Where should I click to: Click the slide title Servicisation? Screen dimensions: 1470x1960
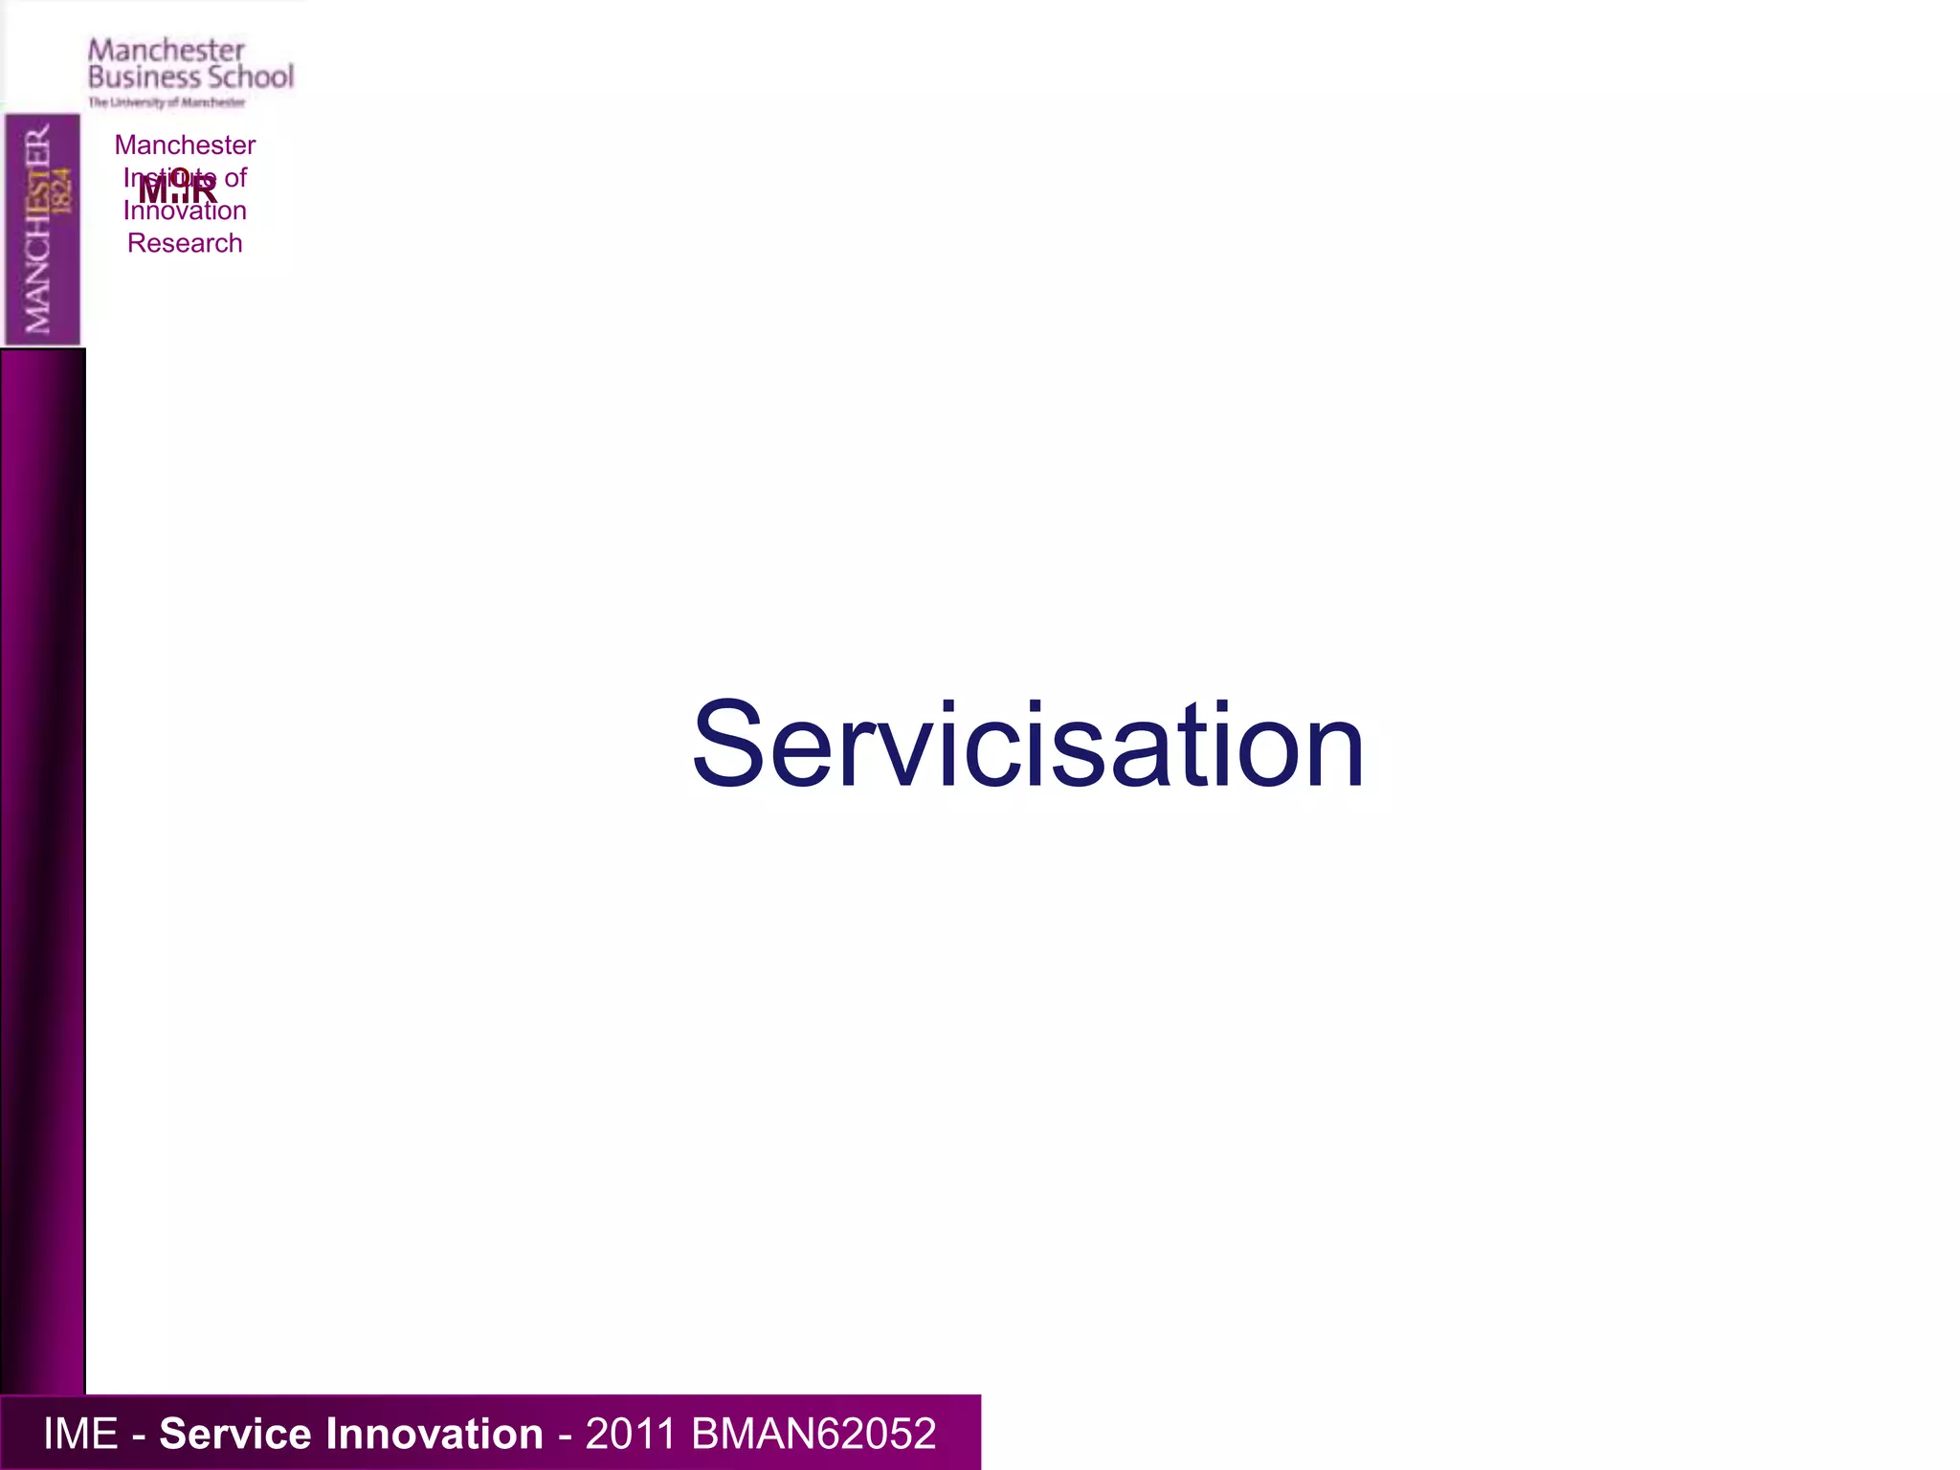(1028, 746)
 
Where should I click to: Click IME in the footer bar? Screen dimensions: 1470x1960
(80, 1434)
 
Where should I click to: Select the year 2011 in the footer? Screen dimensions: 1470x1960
(631, 1434)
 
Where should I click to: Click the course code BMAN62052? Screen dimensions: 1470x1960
(813, 1434)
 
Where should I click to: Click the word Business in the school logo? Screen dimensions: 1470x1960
(143, 77)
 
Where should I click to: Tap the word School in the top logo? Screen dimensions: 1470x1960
(251, 77)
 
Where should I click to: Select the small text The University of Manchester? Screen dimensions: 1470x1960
(167, 102)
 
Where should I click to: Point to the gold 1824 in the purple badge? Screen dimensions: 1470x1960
(62, 189)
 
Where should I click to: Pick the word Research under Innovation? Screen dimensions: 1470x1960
(185, 243)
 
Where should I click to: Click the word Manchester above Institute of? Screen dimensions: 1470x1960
(185, 145)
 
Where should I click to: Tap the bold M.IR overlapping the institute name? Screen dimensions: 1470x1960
(178, 189)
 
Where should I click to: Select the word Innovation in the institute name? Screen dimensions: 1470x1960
(185, 212)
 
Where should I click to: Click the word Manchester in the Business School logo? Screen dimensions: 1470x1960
(167, 50)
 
